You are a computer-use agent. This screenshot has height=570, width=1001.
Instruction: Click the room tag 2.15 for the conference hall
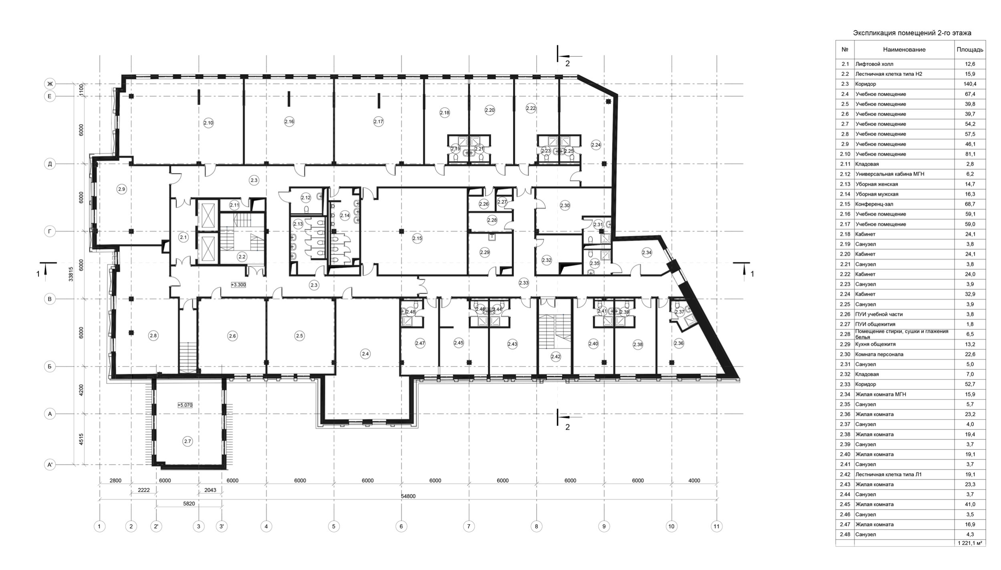pos(417,238)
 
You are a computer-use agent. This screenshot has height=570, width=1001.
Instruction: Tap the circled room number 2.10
pos(208,123)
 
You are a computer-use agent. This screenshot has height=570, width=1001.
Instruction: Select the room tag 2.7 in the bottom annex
pos(187,441)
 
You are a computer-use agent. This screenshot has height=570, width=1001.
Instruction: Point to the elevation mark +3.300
pos(238,285)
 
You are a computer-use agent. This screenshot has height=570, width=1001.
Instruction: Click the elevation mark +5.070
pos(185,405)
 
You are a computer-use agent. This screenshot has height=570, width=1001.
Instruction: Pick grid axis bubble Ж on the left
pos(50,84)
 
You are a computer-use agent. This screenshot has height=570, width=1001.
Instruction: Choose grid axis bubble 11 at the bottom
pos(717,526)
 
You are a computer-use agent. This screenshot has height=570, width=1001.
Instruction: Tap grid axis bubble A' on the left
pos(50,465)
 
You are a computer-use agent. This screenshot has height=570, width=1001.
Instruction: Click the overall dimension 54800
pos(408,496)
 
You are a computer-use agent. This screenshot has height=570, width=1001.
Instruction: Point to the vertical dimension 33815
pos(71,275)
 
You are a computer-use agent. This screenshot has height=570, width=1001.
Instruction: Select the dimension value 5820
pos(189,504)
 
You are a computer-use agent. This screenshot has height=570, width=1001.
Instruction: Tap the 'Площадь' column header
pos(970,50)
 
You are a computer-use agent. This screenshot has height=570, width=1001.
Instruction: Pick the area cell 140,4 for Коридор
pos(970,84)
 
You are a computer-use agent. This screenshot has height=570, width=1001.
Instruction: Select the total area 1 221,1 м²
pos(970,543)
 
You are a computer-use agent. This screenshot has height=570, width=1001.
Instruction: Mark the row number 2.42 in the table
pos(845,474)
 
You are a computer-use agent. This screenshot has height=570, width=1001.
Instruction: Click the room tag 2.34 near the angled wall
pos(647,253)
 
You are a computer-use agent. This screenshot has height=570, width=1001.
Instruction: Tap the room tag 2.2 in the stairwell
pos(242,257)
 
